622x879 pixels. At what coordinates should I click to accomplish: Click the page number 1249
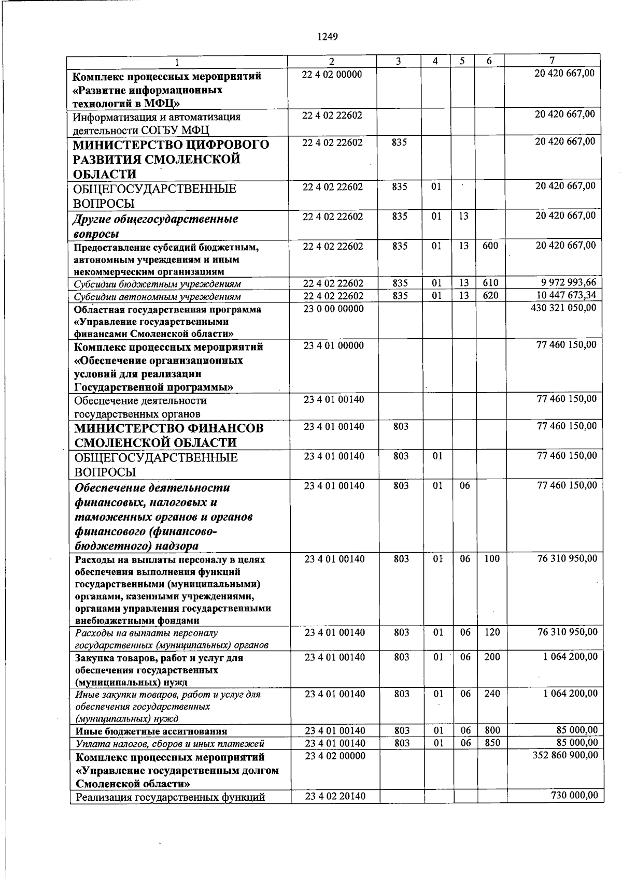click(x=327, y=36)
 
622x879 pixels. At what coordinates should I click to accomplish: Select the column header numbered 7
click(x=552, y=60)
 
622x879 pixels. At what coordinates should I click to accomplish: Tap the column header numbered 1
click(x=177, y=63)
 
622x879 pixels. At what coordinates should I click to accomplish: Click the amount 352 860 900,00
click(x=565, y=755)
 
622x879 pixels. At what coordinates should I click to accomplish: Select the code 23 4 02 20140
click(x=335, y=796)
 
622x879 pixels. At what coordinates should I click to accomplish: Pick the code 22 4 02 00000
click(x=332, y=75)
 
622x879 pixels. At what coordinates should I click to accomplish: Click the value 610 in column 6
click(x=490, y=283)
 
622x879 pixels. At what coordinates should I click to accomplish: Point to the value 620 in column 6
click(x=490, y=296)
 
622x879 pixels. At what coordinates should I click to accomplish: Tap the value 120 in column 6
click(x=492, y=632)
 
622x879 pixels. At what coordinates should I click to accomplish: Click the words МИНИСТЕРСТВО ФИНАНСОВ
click(x=169, y=428)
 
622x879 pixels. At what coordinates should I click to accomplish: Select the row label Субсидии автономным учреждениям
click(x=157, y=297)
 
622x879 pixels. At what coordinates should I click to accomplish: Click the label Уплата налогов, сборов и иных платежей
click(x=169, y=743)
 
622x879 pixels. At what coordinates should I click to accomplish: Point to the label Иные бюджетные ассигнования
click(x=151, y=731)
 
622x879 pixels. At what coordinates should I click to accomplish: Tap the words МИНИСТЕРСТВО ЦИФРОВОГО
click(x=171, y=144)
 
